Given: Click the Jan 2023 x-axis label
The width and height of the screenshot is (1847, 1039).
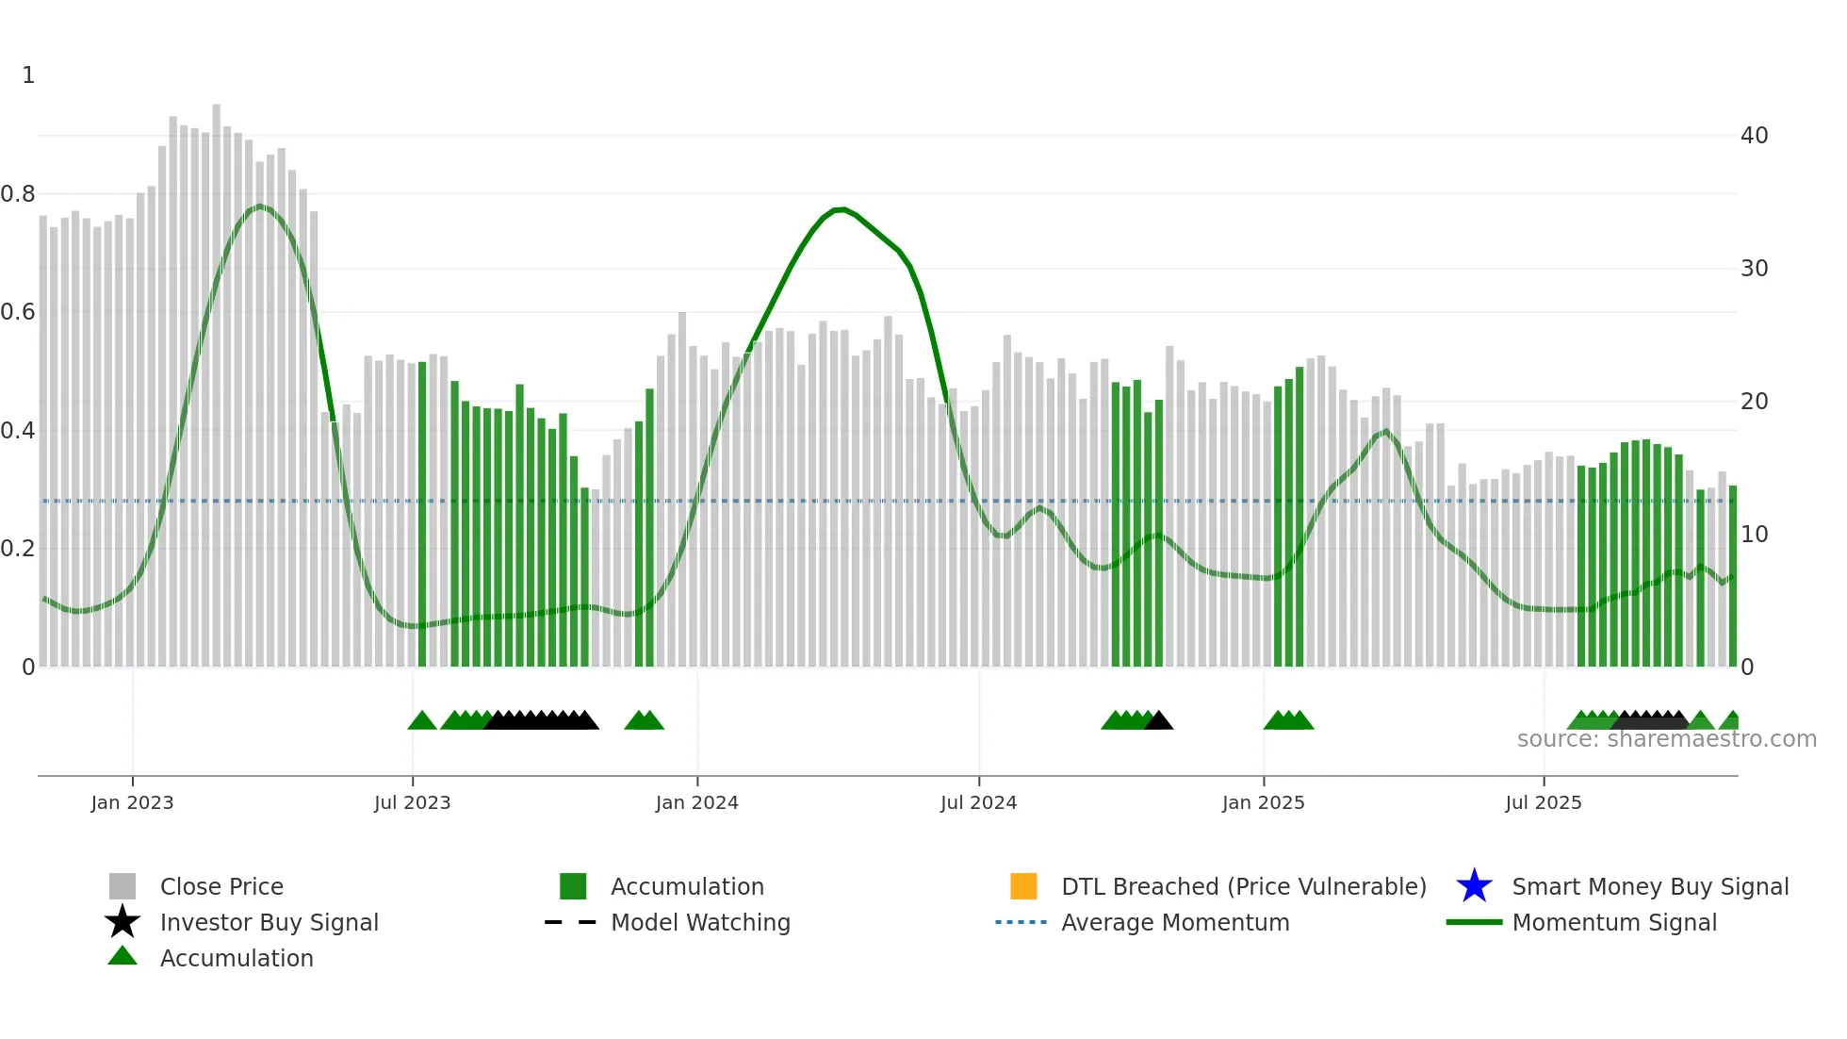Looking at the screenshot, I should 132,802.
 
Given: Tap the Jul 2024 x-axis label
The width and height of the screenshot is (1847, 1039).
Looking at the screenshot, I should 978,802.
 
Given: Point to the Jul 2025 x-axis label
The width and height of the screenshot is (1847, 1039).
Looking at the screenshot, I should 1543,802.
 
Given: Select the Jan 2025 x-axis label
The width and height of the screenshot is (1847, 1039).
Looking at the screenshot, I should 1263,802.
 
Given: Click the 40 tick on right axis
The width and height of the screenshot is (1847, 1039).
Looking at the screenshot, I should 1754,136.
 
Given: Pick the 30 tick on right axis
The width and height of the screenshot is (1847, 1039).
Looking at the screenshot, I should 1754,269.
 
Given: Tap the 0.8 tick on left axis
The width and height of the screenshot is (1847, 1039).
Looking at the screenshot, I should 18,194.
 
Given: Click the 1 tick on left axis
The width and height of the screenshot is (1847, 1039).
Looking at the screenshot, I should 28,75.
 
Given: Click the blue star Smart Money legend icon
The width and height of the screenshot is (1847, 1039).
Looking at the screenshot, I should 1474,886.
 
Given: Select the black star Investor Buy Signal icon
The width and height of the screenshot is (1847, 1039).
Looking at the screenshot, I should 123,922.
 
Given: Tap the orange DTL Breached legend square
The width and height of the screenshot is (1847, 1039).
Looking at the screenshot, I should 1023,886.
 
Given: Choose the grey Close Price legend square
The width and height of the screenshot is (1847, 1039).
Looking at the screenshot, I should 123,886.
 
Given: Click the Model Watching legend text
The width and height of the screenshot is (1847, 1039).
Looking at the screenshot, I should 700,922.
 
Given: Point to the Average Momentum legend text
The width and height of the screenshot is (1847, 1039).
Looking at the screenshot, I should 1175,922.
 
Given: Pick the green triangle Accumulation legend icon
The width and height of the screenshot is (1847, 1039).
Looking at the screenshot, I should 123,956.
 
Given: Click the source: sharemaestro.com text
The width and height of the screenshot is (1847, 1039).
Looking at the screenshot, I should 1666,739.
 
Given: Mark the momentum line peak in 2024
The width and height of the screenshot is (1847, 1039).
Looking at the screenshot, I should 842,208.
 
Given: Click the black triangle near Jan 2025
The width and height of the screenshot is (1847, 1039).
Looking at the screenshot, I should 1158,721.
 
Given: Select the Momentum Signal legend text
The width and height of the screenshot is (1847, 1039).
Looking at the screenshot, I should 1614,922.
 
